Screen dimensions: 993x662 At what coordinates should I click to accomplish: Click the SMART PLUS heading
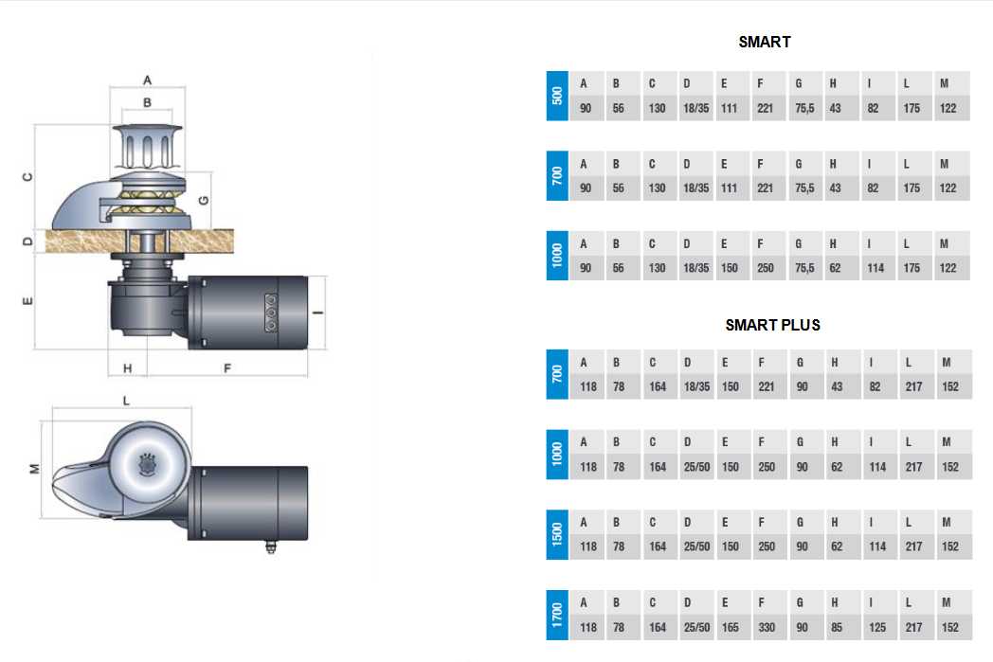coord(772,325)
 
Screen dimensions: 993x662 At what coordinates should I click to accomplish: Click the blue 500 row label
coord(557,96)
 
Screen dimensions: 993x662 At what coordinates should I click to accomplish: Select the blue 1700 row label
coord(557,615)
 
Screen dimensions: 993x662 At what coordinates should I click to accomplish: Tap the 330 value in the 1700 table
coord(767,627)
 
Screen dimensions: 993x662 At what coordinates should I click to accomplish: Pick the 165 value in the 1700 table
coord(731,627)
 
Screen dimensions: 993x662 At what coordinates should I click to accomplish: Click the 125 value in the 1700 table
coord(877,627)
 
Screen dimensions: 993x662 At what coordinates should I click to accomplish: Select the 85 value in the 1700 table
coord(837,627)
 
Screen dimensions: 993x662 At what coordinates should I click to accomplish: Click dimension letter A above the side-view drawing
coord(147,81)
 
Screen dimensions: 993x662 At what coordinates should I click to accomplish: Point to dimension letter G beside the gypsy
coord(204,200)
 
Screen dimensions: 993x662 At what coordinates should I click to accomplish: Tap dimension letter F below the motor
coord(227,367)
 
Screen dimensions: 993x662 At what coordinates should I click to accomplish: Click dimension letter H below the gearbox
coord(127,367)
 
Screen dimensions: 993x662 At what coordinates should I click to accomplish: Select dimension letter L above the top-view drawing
coord(126,401)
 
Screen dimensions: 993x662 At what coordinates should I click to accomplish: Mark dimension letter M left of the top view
coord(35,469)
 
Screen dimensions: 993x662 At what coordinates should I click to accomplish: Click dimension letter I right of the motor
coord(318,312)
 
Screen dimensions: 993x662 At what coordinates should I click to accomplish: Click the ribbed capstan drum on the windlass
coord(147,148)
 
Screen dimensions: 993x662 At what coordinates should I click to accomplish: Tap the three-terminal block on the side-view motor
coord(270,312)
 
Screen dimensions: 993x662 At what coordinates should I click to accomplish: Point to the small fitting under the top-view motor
coord(271,546)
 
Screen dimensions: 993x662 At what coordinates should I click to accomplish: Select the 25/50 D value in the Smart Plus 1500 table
coord(696,546)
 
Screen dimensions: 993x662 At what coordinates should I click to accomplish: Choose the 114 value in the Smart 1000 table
coord(876,268)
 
